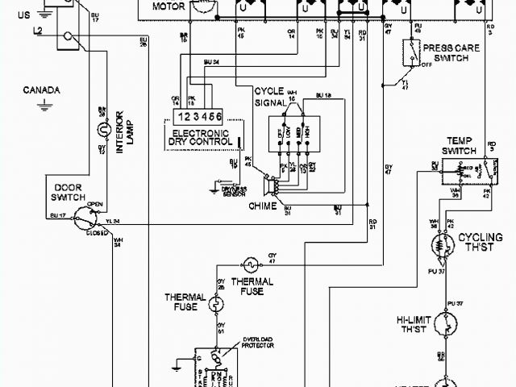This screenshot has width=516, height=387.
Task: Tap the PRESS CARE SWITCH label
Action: point(451,53)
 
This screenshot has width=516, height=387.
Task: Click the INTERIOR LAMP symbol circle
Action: point(102,129)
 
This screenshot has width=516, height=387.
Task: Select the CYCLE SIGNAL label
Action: point(270,96)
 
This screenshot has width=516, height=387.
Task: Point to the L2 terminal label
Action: point(39,30)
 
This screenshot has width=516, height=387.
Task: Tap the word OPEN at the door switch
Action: point(94,203)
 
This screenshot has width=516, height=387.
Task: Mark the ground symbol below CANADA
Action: point(48,102)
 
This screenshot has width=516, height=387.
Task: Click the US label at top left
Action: point(23,15)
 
